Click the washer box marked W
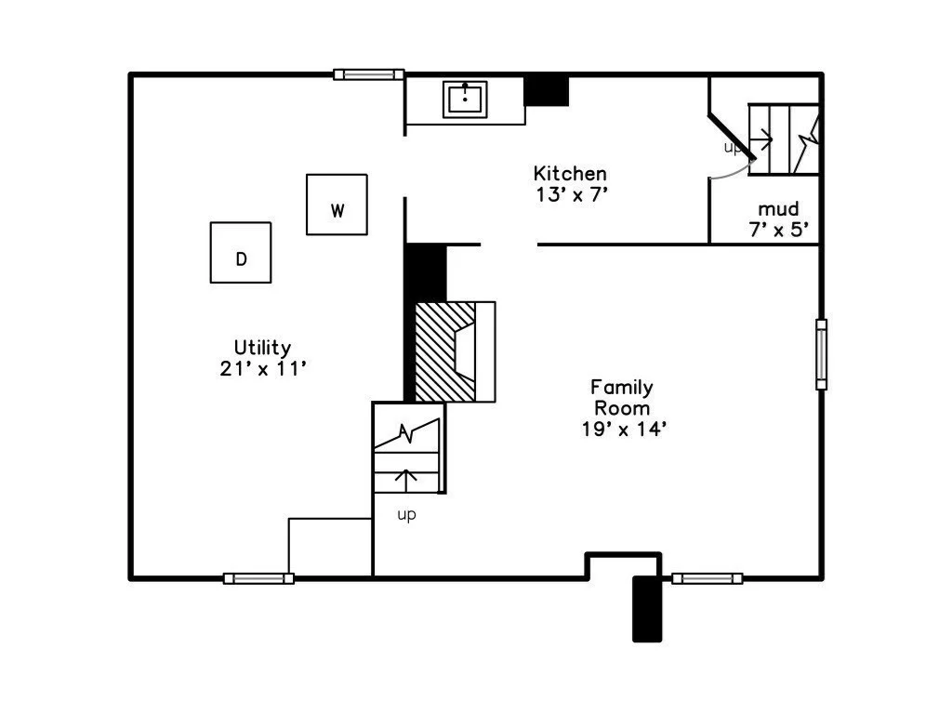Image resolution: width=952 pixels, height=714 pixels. click(337, 205)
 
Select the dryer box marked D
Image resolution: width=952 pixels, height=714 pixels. click(241, 252)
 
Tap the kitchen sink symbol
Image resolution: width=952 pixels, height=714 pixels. click(465, 98)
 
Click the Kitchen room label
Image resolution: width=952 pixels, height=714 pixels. click(570, 174)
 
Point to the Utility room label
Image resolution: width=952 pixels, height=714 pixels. click(262, 348)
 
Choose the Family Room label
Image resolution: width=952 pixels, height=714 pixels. click(623, 397)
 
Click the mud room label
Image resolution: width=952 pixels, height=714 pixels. click(778, 209)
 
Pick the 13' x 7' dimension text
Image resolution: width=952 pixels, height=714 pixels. click(570, 194)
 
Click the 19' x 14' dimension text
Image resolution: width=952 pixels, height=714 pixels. click(623, 429)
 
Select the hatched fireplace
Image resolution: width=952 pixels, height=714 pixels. click(443, 351)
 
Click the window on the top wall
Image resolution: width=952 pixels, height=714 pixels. click(369, 74)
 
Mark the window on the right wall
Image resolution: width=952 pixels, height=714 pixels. click(821, 354)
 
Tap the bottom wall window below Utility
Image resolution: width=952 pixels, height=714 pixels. click(259, 578)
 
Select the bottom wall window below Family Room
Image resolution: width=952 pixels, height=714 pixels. click(707, 578)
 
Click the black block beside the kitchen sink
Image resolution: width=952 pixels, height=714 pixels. click(547, 91)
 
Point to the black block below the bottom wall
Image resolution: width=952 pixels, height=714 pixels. click(647, 609)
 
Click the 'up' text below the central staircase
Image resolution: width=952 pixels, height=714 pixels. click(406, 515)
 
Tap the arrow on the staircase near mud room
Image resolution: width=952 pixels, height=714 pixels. click(761, 142)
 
